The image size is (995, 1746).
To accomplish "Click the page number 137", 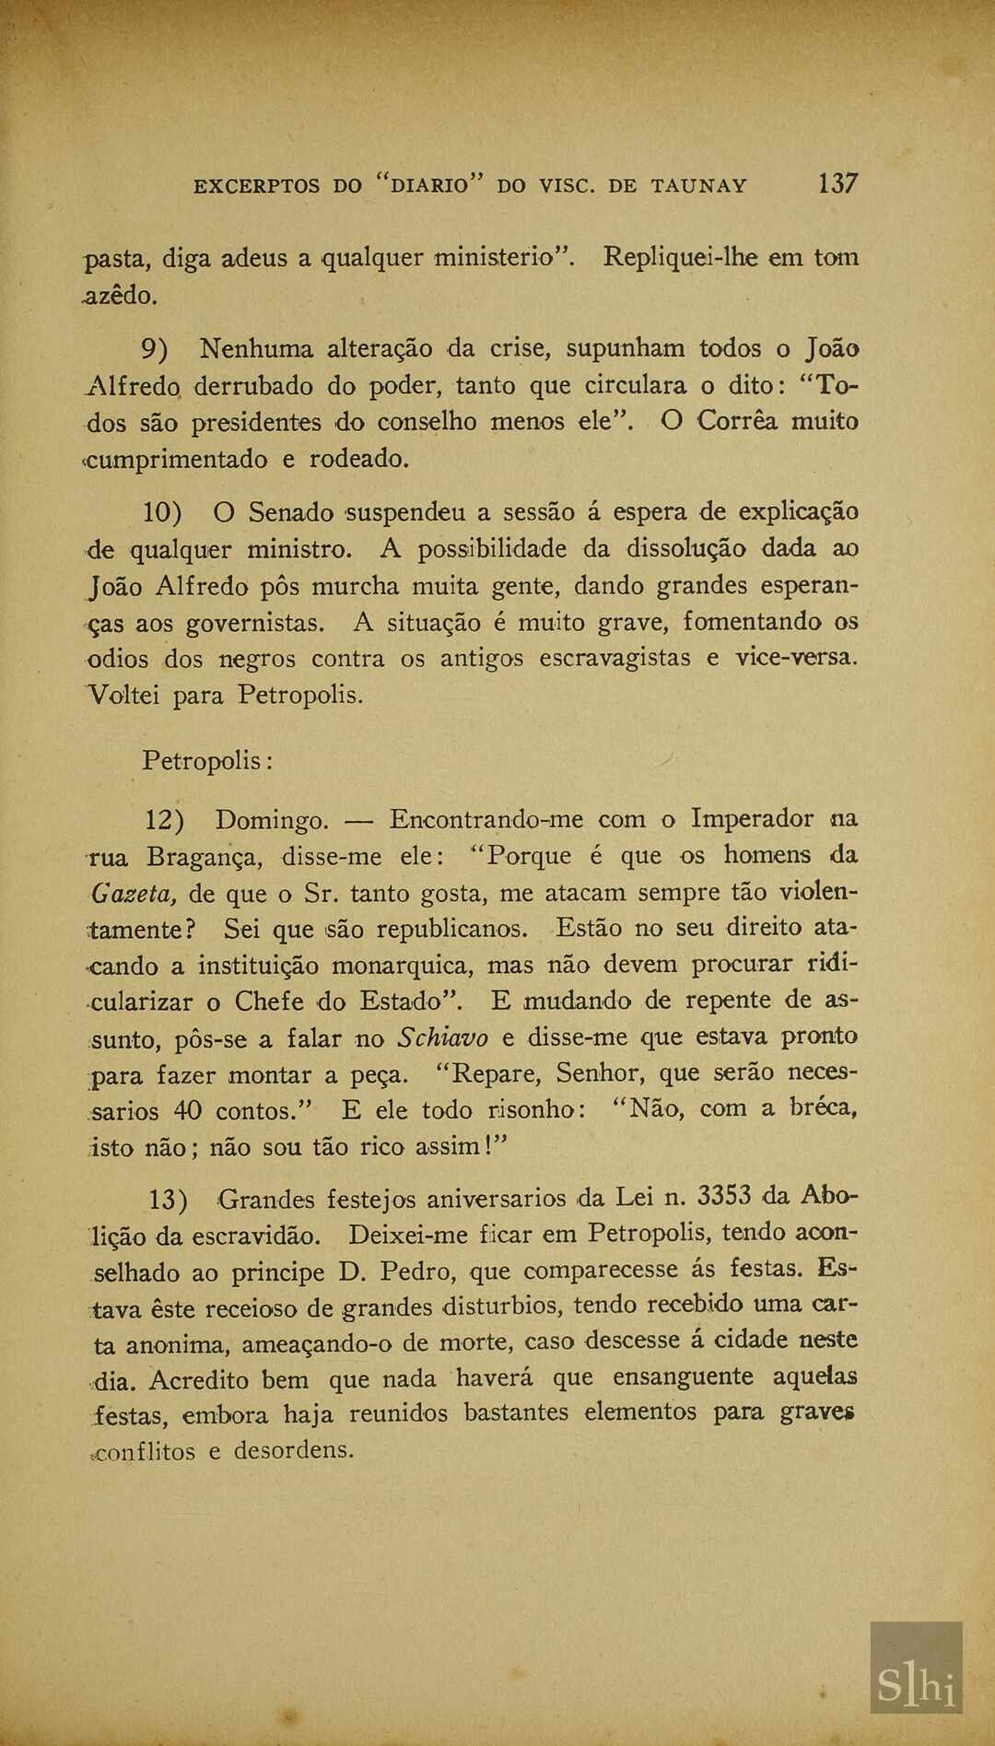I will click(x=837, y=182).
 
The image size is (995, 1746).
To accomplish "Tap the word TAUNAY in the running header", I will click(x=698, y=185).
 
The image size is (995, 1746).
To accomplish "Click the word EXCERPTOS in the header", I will click(x=257, y=185).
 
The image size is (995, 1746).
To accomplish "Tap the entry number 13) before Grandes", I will click(x=169, y=1200).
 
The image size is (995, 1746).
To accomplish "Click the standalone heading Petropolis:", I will click(x=206, y=761).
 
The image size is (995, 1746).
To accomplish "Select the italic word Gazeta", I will click(x=131, y=894).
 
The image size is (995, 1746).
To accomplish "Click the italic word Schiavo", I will click(x=441, y=1037).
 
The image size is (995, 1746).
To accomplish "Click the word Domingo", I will click(x=272, y=819).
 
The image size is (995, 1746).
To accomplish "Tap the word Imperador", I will click(x=752, y=818).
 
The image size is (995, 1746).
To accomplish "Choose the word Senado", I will click(x=291, y=511).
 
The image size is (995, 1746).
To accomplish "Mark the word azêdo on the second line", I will click(x=120, y=296).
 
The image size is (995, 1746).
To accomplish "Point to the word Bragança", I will click(x=205, y=857).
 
